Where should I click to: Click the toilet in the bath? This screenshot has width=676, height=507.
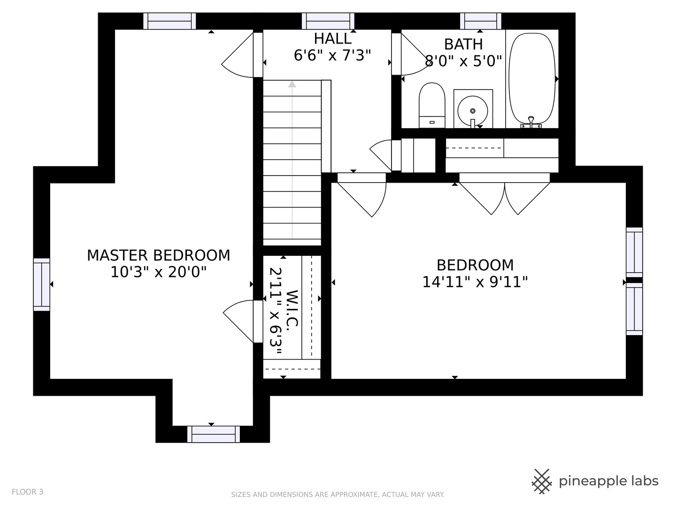click(x=432, y=105)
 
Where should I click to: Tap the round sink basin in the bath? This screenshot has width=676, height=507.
click(x=473, y=110)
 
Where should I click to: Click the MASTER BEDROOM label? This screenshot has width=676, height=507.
click(x=159, y=255)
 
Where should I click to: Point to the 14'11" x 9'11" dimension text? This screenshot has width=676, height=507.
click(x=475, y=282)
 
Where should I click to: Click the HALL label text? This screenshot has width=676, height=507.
click(x=333, y=39)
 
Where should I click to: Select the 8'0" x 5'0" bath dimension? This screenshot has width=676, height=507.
click(x=463, y=61)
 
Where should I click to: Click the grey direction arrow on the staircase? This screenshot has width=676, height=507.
click(x=292, y=160)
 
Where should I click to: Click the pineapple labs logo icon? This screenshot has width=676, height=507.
click(x=541, y=482)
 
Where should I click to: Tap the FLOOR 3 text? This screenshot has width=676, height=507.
click(x=28, y=492)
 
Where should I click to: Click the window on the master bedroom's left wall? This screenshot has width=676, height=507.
click(x=42, y=284)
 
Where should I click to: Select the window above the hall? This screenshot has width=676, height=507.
click(x=328, y=21)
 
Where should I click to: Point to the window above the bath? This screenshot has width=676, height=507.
click(x=480, y=21)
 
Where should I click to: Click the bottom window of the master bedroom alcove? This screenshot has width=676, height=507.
click(x=214, y=434)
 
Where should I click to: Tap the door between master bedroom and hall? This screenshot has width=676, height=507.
click(x=242, y=55)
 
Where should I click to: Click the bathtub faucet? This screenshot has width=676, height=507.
click(x=531, y=123)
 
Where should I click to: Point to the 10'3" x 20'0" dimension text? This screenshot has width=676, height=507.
click(x=159, y=272)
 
